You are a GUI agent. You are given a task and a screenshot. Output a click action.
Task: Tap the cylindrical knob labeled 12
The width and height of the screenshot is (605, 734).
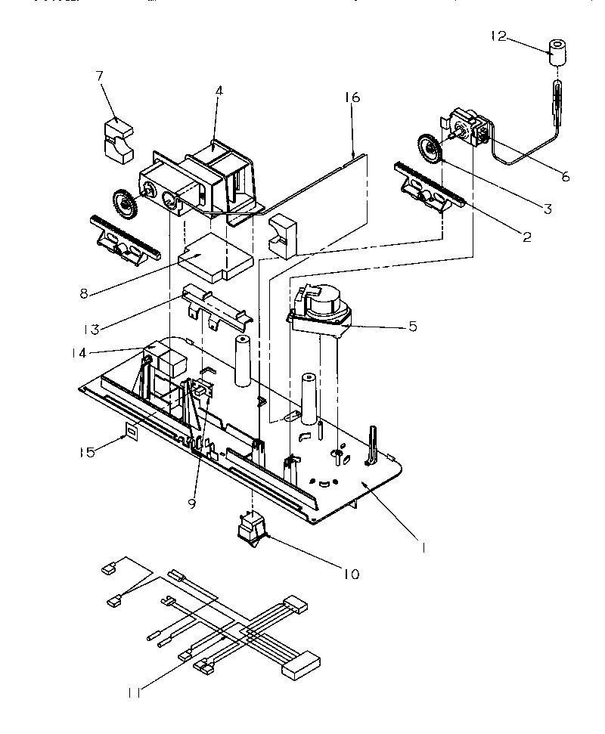558,51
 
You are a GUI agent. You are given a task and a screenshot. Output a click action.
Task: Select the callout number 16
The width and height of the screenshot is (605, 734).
352,97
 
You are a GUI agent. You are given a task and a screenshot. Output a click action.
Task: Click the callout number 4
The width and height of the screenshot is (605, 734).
218,91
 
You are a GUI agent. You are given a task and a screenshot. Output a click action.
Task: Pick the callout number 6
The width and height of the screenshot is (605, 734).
565,177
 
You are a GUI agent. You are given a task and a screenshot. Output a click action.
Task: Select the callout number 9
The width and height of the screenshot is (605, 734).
192,503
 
